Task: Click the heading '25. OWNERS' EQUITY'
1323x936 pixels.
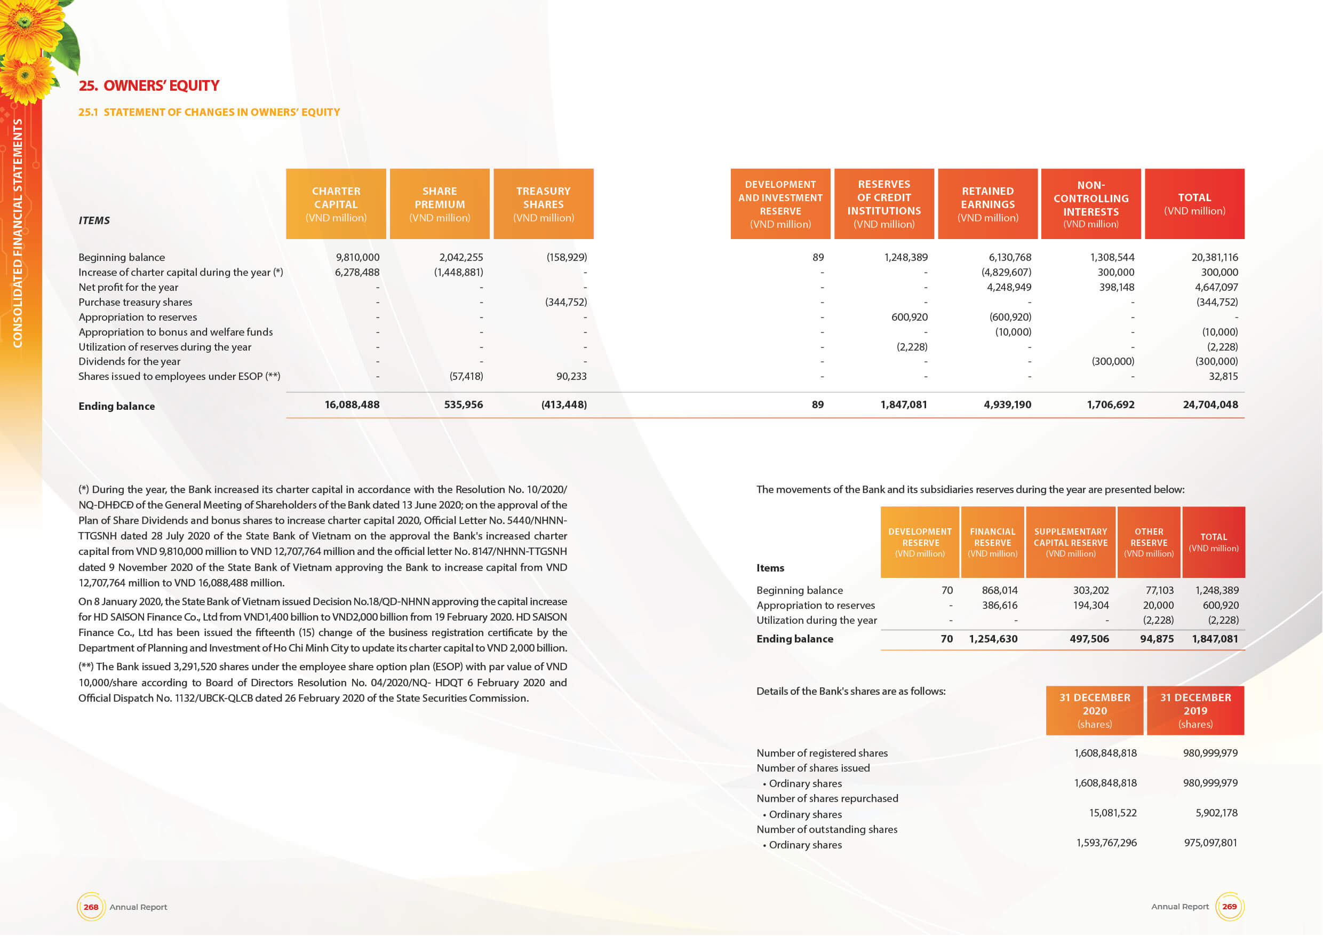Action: point(149,86)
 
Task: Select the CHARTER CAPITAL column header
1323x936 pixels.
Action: point(336,204)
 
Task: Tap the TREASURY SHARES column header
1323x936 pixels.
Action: point(544,204)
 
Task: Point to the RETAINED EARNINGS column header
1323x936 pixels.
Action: point(987,204)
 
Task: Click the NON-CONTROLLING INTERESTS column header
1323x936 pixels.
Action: point(1091,204)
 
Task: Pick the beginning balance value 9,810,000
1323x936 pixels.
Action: point(357,257)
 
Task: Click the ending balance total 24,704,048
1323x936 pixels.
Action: point(1210,404)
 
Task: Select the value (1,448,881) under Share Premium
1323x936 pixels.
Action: point(458,272)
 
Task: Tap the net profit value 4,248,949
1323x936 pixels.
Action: point(1008,287)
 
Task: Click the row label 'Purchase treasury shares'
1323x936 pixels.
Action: point(136,302)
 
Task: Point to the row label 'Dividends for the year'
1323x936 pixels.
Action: point(130,361)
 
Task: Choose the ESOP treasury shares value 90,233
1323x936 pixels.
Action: point(571,376)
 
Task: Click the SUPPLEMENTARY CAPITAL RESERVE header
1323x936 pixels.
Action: point(1071,542)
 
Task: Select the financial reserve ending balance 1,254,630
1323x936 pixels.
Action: point(993,639)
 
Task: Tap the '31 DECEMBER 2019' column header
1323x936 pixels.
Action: point(1195,710)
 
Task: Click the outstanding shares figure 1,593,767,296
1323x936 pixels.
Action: point(1106,843)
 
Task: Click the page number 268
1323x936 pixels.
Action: point(91,907)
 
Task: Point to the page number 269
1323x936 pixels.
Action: point(1229,907)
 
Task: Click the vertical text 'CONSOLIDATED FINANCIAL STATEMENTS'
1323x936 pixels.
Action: point(18,233)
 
